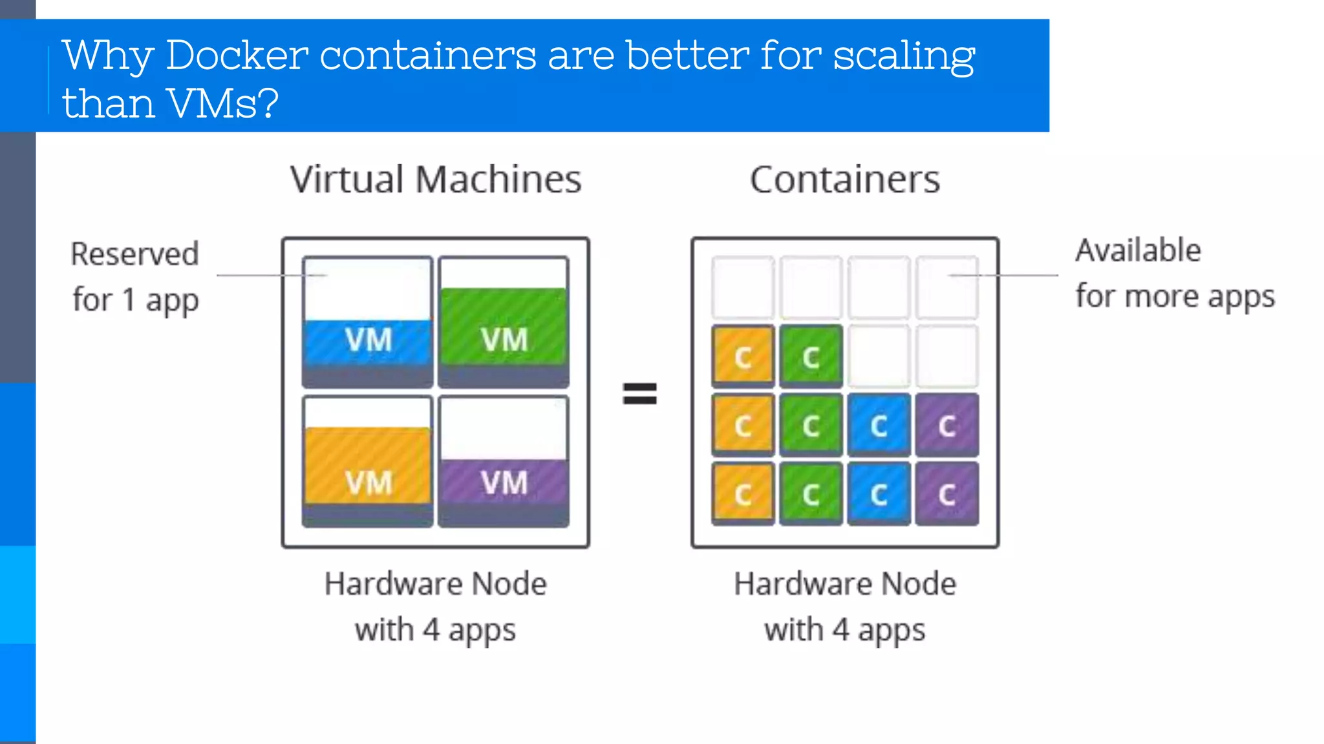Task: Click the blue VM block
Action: (x=367, y=340)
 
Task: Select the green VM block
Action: (x=504, y=327)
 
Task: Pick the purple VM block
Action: (x=504, y=482)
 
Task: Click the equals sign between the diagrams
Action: (x=639, y=393)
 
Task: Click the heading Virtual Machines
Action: (x=436, y=180)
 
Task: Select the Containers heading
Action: (x=844, y=180)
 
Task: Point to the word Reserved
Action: (x=134, y=254)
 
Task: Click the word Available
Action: (x=1138, y=251)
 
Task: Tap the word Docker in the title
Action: (x=237, y=56)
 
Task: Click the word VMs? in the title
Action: (x=222, y=103)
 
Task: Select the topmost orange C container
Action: (x=743, y=356)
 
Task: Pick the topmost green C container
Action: (x=811, y=356)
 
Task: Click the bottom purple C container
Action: (x=946, y=494)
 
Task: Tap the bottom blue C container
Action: (x=879, y=494)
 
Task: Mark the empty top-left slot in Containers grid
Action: (x=743, y=287)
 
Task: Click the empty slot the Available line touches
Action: (x=946, y=287)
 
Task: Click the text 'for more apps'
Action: (x=1175, y=297)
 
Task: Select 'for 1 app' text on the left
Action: (x=136, y=300)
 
